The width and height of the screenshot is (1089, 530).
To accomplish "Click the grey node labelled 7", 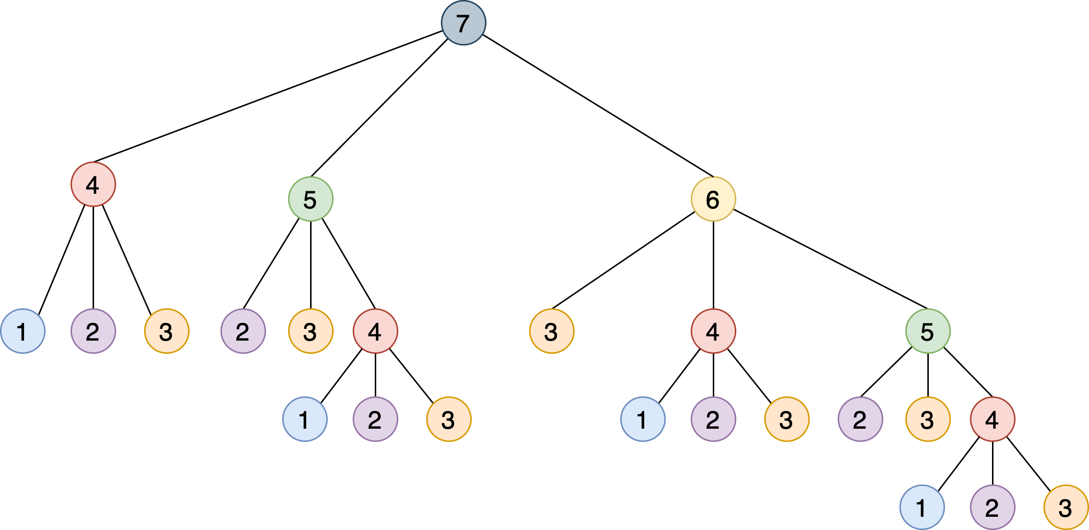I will point(463,23).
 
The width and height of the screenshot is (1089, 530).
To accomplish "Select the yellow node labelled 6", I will point(713,199).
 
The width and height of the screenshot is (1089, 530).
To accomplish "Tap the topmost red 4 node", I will point(93,184).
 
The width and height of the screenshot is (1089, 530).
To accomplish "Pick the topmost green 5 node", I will point(311,199).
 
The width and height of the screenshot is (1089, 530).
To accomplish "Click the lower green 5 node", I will point(928,331).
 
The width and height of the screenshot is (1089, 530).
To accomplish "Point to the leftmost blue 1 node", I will point(23,331).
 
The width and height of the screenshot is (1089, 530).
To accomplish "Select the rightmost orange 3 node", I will point(1066,507).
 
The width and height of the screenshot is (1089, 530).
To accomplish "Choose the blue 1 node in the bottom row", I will point(922,507).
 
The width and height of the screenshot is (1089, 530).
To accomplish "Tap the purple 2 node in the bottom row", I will point(992,507).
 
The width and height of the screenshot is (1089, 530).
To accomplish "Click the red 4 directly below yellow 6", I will point(713,331).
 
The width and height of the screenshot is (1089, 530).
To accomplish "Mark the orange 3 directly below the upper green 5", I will point(311,331).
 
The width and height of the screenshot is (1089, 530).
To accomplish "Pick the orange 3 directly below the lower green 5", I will point(928,419).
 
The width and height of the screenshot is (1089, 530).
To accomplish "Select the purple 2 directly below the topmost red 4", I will point(93,331).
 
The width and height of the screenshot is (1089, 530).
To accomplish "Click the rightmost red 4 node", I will point(992,419).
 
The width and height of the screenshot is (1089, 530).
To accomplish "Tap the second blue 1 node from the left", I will point(305,419).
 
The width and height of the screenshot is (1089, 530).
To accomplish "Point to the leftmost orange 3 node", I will point(167,331).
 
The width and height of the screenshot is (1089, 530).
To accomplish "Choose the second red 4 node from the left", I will point(375,331).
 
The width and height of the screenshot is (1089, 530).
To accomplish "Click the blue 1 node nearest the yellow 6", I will point(643,419).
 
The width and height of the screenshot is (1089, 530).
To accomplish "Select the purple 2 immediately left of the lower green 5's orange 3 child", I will point(860,419).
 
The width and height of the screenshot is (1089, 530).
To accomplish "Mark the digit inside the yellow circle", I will point(713,200).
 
